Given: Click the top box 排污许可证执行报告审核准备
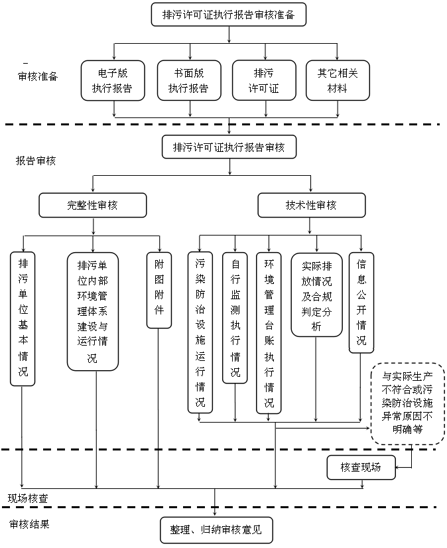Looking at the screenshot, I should coord(229,15).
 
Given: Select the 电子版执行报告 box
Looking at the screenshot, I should coord(113,80).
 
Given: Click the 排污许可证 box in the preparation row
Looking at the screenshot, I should coord(263,80).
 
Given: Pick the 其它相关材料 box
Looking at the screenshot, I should coord(338,80).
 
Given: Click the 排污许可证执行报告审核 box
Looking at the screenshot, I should coord(229,147).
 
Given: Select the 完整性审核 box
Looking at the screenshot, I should coord(92,205).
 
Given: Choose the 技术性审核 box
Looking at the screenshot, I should coord(311,205).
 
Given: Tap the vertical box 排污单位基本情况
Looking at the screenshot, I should coord(23,318).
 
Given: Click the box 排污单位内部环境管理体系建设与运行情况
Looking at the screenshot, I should coord(92,310).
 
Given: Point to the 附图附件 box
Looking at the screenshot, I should coord(159,290).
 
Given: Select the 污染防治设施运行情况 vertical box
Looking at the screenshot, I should coord(200,332).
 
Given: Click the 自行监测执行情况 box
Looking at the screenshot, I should coord(235,317).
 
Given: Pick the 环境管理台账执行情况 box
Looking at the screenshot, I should coord(269,332).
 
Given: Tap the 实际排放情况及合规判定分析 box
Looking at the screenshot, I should coord(316,295).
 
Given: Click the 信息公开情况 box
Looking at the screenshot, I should coord(361,302).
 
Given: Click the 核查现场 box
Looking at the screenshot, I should coord(361,467).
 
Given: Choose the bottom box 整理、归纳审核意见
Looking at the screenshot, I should coord(216,530).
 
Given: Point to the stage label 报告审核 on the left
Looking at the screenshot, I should coord(36,161).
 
